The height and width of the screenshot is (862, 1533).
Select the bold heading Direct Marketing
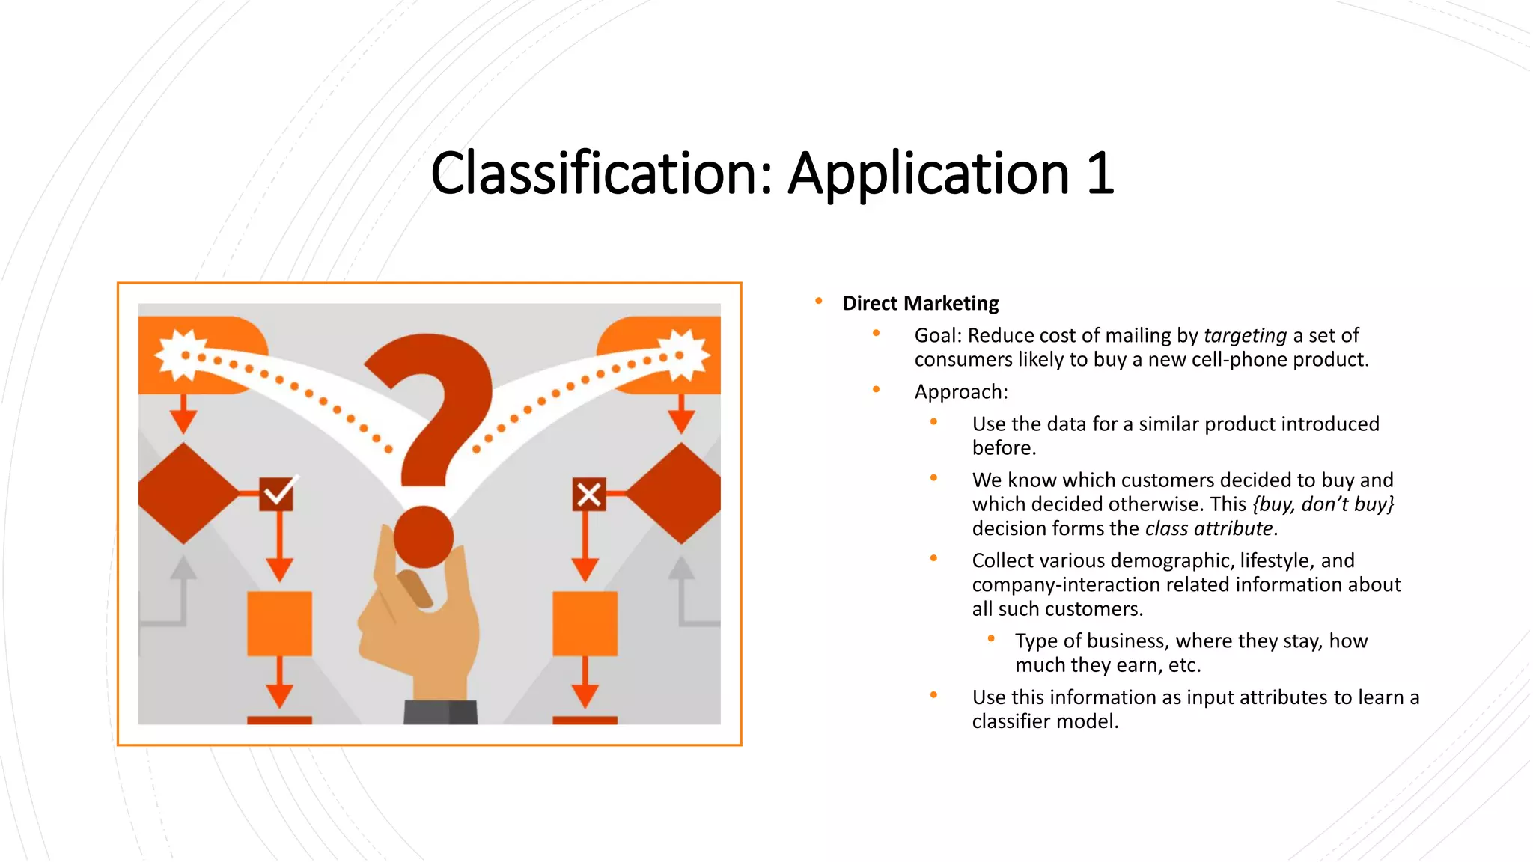(920, 303)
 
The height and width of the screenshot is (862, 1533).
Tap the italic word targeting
(1245, 335)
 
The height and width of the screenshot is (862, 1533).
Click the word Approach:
(961, 391)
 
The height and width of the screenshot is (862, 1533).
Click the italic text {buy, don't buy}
(1323, 504)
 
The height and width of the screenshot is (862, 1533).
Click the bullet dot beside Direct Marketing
(819, 302)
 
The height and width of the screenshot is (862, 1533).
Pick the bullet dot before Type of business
(991, 639)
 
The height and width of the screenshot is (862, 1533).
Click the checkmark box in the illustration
(277, 494)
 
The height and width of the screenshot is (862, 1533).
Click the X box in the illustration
(589, 494)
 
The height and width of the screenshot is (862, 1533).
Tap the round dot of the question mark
(424, 537)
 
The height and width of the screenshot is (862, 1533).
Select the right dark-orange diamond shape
(677, 493)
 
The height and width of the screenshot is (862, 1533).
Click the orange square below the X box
(585, 623)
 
